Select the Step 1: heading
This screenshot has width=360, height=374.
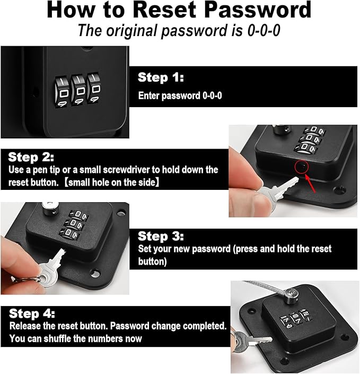(161, 77)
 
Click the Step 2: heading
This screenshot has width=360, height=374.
(31, 158)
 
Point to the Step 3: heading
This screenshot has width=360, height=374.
(161, 236)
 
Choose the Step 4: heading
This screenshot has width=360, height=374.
(32, 314)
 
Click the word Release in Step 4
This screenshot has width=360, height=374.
(27, 326)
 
